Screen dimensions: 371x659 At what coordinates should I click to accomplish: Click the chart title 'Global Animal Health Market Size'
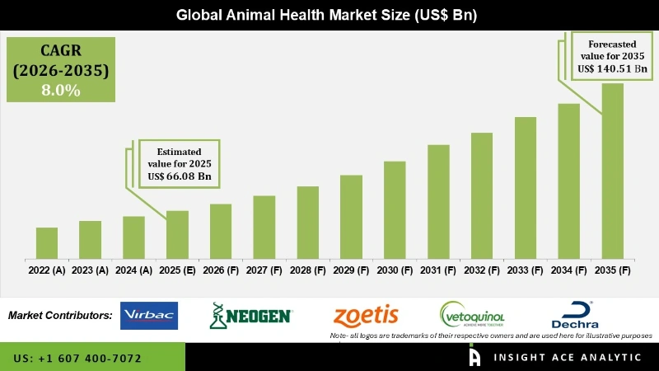[x=329, y=15]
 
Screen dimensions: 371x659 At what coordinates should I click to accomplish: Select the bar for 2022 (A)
[x=47, y=242]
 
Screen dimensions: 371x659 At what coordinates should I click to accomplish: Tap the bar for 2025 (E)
[x=177, y=234]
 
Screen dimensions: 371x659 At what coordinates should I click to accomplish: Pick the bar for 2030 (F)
[x=395, y=209]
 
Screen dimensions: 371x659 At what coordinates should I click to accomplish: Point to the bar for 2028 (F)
[x=307, y=222]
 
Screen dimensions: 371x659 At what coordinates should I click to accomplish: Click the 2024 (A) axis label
[x=133, y=270]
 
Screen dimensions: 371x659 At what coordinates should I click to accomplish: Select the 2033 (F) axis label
[x=526, y=270]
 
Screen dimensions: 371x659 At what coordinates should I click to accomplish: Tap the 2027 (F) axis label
[x=264, y=270]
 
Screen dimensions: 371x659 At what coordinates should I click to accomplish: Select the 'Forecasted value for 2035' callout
[x=611, y=56]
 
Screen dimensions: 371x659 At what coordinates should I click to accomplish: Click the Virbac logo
[x=149, y=316]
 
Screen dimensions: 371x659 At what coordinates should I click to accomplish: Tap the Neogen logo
[x=251, y=316]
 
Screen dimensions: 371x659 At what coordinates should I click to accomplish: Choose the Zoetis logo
[x=366, y=315]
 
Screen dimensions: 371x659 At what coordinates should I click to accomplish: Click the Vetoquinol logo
[x=472, y=315]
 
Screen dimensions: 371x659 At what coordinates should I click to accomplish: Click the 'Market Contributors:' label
[x=60, y=316]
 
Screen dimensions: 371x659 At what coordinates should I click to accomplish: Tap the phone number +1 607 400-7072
[x=77, y=359]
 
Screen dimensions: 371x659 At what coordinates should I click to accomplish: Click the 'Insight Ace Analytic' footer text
[x=567, y=358]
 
